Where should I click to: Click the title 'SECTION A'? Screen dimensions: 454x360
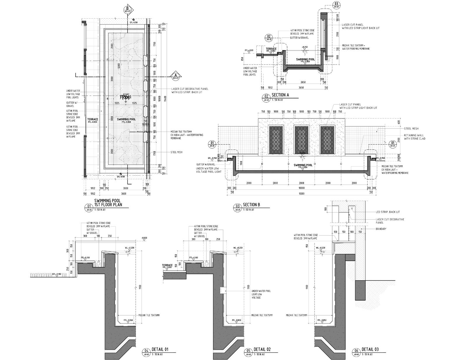[x=280, y=95]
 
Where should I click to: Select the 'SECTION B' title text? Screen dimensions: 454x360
[x=251, y=205]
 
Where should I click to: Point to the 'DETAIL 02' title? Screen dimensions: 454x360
[x=262, y=349]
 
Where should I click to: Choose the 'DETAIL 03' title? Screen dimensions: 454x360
[x=370, y=349]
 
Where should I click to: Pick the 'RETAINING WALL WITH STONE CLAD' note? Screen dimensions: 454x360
[x=414, y=137]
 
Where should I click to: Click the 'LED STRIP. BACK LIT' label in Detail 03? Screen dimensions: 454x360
[x=387, y=212]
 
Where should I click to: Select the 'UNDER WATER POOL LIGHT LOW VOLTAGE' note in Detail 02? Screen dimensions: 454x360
[x=261, y=294]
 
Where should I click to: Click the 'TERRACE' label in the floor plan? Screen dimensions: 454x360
[x=92, y=119]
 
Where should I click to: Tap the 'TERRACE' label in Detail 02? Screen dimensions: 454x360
[x=167, y=265]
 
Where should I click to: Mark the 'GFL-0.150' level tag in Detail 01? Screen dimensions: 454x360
[x=57, y=274]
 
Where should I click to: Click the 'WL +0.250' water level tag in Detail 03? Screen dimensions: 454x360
[x=321, y=248]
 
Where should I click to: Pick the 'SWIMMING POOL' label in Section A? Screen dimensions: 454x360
[x=305, y=59]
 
